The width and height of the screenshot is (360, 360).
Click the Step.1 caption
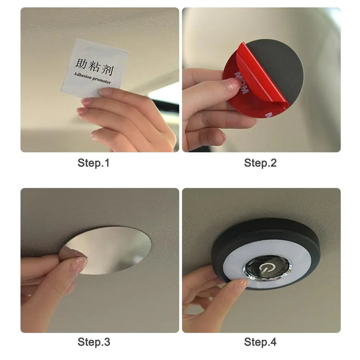[93, 163]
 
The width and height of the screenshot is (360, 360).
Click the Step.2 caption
[260, 163]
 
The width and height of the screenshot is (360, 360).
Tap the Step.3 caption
[93, 342]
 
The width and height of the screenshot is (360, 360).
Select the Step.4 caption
[260, 342]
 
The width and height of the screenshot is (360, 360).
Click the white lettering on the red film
[242, 81]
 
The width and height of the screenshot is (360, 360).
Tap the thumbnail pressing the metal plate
[77, 265]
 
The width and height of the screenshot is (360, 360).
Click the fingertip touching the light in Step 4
[241, 283]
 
